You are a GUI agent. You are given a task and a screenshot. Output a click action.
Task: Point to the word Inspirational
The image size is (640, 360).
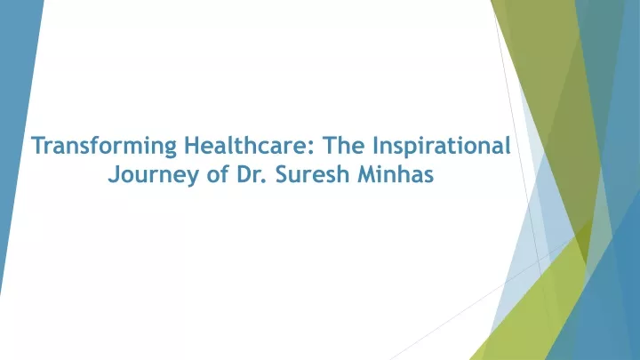(442, 146)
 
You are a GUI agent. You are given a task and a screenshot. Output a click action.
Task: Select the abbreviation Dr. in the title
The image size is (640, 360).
(252, 174)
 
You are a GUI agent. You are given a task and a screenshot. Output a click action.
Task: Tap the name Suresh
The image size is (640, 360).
(312, 174)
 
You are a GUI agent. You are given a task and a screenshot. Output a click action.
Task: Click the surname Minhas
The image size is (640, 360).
(396, 174)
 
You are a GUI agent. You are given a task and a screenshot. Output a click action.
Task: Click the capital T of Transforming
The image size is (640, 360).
(38, 145)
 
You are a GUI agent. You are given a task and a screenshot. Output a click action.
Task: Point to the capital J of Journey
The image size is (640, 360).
(114, 175)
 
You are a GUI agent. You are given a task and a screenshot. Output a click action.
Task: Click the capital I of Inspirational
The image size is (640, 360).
(375, 145)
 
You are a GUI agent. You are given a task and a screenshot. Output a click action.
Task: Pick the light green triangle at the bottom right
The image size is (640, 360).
(539, 310)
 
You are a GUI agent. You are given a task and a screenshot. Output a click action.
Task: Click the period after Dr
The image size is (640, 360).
(265, 180)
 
